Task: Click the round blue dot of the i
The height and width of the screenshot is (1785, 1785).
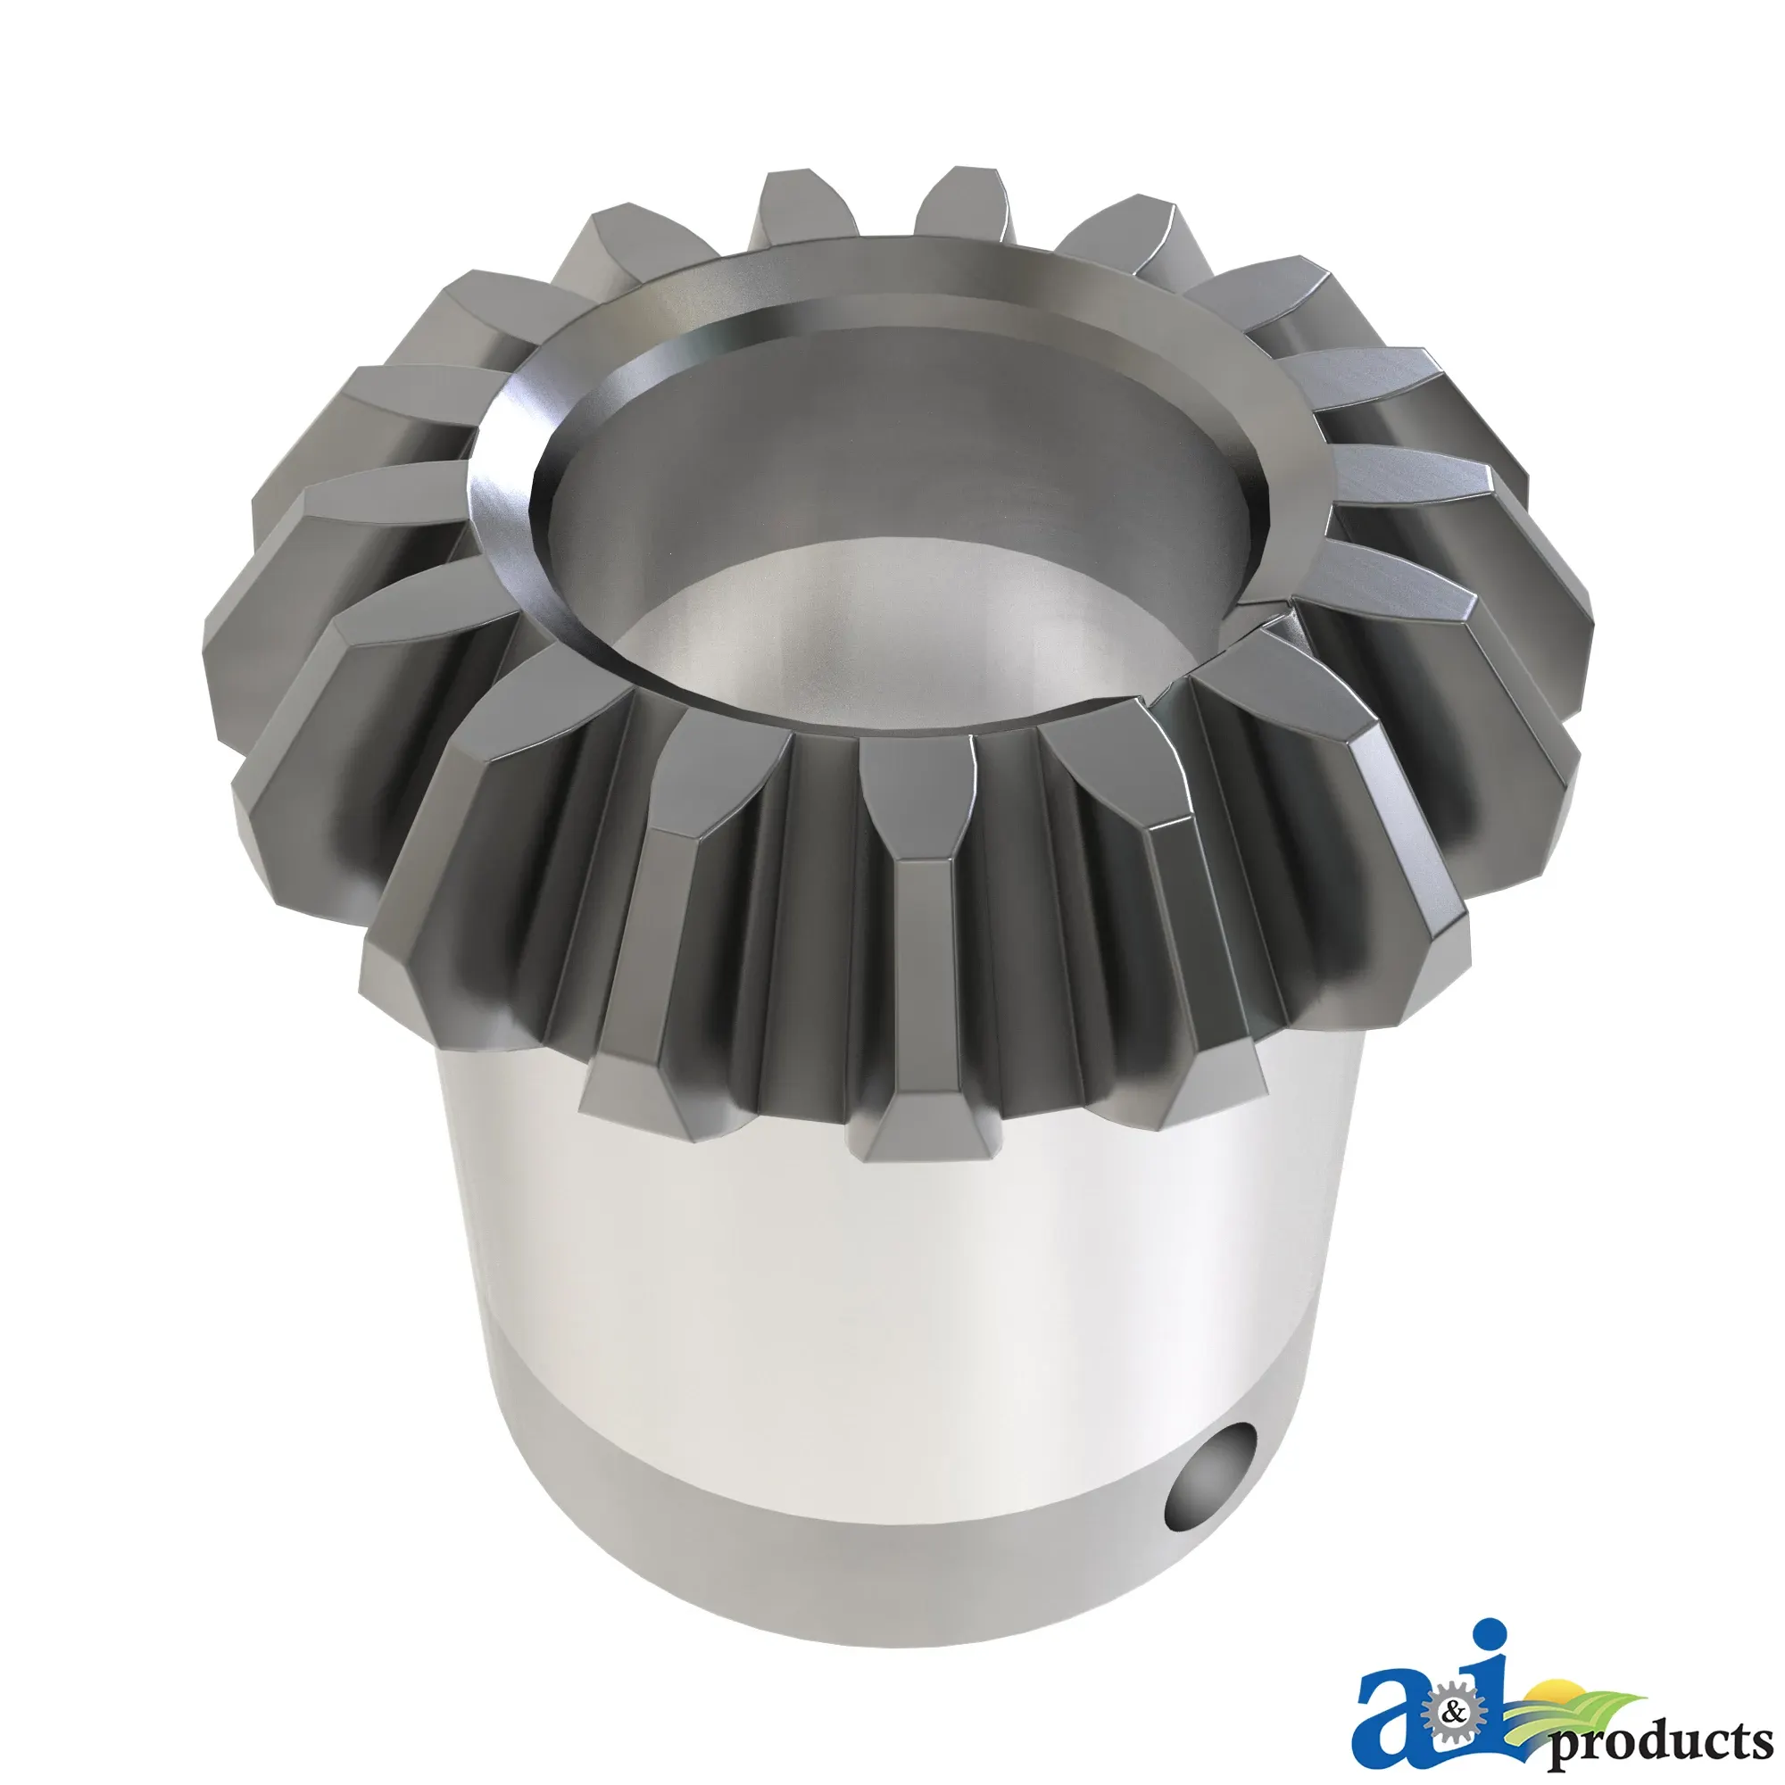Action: (1490, 1634)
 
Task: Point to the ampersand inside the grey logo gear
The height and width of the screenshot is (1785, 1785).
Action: (1455, 1714)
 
